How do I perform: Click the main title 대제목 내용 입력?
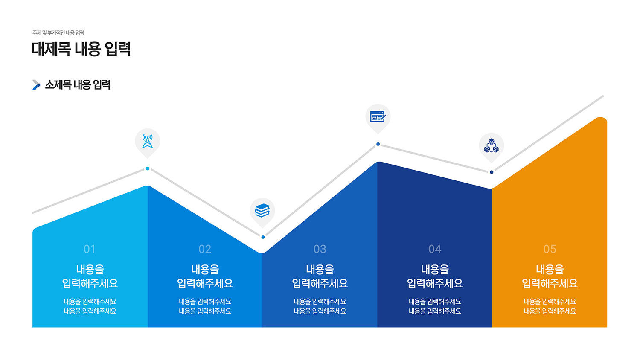pos(81,49)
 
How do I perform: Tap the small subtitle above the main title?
pos(58,33)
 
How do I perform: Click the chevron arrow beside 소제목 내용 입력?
pos(36,85)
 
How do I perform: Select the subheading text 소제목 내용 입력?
pos(78,85)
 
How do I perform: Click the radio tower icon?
pos(148,141)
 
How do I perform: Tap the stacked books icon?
pos(262,211)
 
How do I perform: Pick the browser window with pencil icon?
pos(378,116)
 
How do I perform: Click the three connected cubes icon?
pos(491,146)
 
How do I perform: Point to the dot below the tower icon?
pos(148,168)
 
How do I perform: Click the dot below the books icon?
pos(263,237)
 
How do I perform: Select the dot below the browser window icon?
pos(378,144)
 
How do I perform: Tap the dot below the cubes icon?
pos(492,172)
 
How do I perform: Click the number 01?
pos(90,249)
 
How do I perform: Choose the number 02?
pos(205,249)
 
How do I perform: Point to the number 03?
pos(320,249)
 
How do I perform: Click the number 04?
pos(435,249)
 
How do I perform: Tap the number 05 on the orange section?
pos(550,249)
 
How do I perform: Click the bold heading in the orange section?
pos(550,276)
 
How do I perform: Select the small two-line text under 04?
pos(435,306)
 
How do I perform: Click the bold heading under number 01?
pos(90,276)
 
